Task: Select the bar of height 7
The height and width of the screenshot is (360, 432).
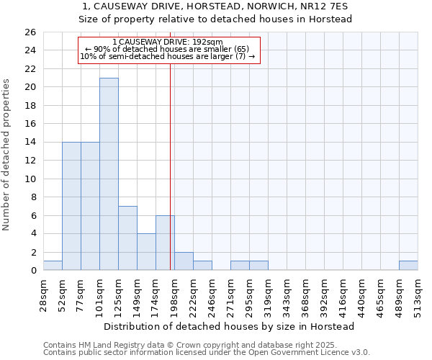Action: [x=127, y=238]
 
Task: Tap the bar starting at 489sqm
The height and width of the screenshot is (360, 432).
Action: [x=408, y=266]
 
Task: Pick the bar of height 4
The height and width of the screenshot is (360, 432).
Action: [x=146, y=251]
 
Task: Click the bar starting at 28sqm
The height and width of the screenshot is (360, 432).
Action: [x=53, y=266]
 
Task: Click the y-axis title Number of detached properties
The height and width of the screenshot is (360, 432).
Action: [x=7, y=155]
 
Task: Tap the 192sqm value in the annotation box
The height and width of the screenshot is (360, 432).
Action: [x=205, y=42]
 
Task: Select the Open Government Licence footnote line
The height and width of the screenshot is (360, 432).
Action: [x=207, y=353]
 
